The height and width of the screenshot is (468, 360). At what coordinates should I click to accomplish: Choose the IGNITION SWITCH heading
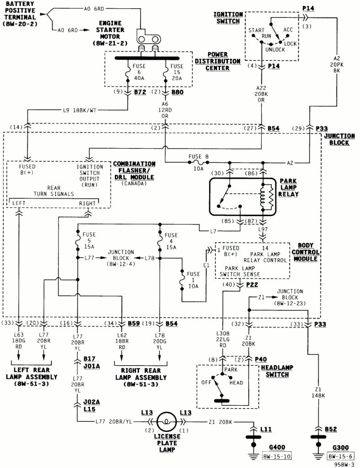tap(228, 18)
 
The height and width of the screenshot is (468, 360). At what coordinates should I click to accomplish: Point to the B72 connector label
tap(140, 92)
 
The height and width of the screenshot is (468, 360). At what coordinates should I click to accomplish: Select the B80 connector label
tap(177, 92)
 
